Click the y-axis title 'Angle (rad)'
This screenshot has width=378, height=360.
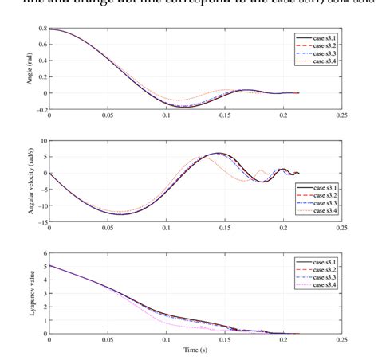click(x=30, y=71)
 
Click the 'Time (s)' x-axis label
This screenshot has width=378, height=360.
click(x=195, y=349)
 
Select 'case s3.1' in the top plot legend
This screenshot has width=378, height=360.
click(x=320, y=37)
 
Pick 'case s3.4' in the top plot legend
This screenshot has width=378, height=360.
click(x=320, y=60)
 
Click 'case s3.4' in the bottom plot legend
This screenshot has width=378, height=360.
click(x=320, y=284)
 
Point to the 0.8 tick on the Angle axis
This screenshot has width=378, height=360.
click(x=41, y=29)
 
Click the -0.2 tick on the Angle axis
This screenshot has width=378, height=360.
click(x=40, y=114)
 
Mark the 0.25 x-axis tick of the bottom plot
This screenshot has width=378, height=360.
click(x=341, y=341)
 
